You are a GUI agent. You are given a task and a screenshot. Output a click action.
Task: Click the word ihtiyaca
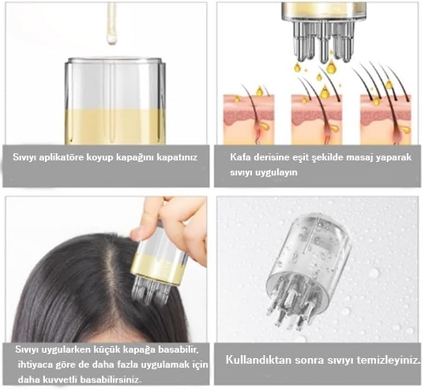tap(35, 365)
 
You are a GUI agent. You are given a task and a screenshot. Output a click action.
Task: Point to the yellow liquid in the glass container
tap(115, 126)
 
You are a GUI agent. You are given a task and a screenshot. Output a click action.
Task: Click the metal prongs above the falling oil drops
tap(323, 41)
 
